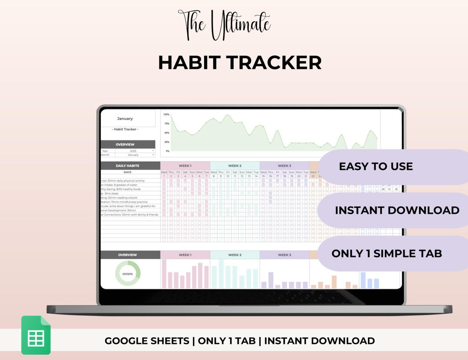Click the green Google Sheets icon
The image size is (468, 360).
(36, 335)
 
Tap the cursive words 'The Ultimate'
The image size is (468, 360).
(224, 25)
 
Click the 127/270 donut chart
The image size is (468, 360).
(128, 273)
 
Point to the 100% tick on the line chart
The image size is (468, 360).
(166, 114)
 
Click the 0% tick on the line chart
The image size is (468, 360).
(167, 151)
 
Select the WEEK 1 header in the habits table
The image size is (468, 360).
(185, 166)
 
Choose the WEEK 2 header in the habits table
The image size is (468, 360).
(235, 166)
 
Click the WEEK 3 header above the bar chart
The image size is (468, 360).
(284, 255)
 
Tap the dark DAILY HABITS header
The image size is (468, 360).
(127, 166)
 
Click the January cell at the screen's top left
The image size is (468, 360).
(125, 118)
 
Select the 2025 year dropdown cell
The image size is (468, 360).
(133, 151)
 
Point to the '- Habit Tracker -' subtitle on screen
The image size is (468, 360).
(125, 129)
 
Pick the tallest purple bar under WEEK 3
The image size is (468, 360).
(271, 280)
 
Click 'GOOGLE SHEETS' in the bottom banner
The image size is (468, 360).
(147, 341)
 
